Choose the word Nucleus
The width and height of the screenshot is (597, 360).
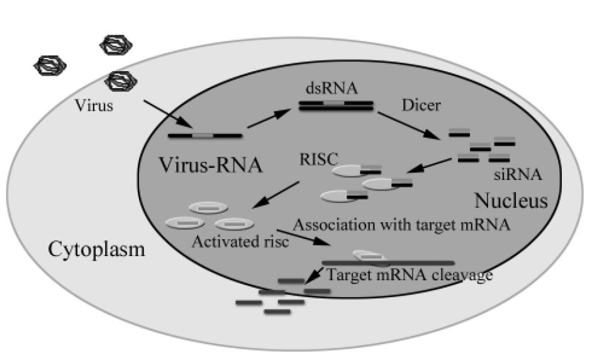510,201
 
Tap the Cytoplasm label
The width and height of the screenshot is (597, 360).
96,250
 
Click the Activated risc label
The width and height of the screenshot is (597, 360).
240,242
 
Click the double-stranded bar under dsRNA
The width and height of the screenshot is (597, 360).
334,105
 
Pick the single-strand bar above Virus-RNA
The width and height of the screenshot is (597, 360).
204,135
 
